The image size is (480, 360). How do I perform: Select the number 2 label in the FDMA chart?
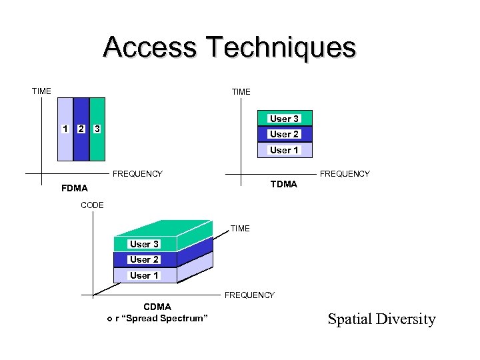81,128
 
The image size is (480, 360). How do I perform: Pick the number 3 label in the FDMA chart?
97,128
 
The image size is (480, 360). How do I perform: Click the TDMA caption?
284,184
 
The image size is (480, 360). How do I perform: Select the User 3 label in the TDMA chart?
284,119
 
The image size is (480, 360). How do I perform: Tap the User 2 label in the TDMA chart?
284,134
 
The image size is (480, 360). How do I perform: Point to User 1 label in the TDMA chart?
284,150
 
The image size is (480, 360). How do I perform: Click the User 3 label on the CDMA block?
144,244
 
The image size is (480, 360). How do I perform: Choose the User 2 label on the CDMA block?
144,259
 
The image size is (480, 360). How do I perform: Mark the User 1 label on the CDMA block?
144,275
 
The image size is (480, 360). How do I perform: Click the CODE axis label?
92,205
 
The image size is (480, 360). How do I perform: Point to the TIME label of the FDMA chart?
41,91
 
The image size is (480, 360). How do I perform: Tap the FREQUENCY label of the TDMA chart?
345,174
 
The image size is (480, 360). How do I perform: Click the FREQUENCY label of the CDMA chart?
249,295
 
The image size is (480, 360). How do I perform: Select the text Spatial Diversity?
381,319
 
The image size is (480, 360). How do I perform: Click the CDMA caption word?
157,307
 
